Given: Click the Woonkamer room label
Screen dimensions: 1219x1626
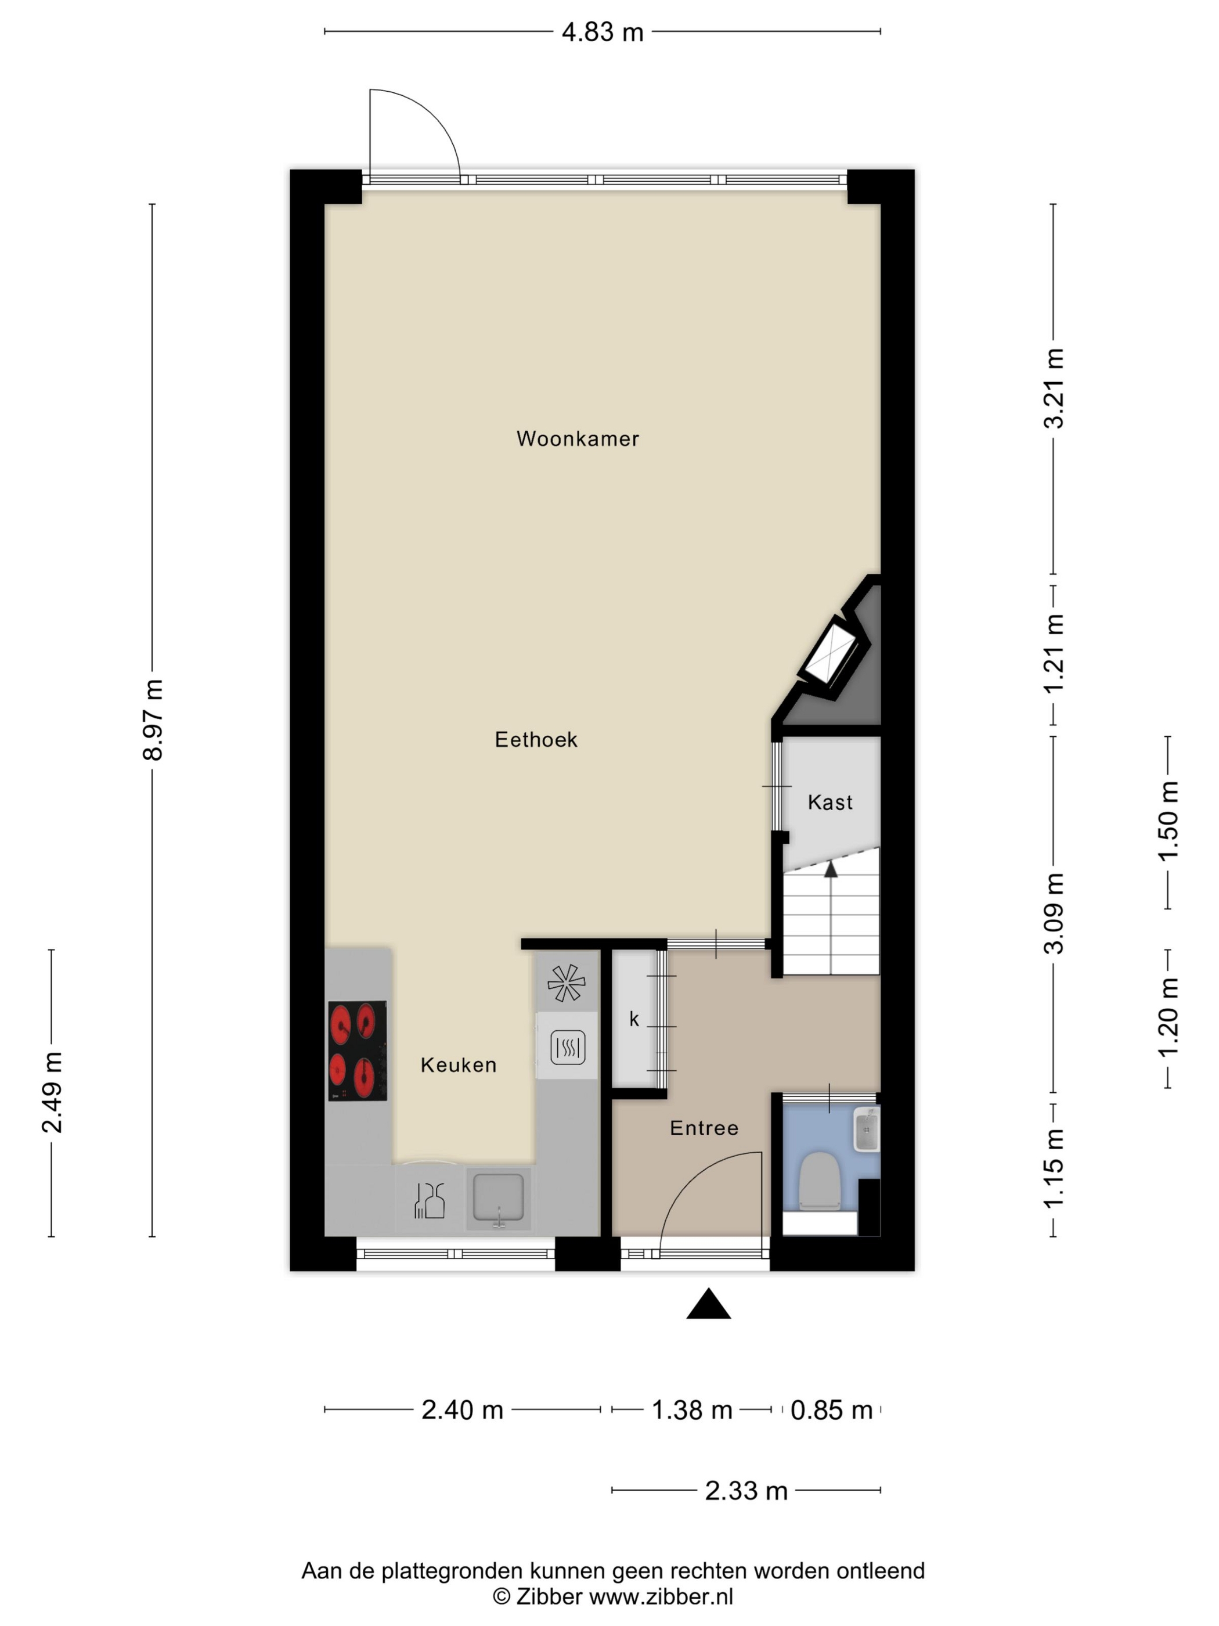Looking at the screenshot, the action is point(578,439).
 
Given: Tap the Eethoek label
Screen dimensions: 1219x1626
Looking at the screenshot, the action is point(536,739).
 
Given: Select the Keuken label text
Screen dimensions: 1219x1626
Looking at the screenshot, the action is point(459,1065).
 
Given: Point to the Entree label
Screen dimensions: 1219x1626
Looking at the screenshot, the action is point(704,1128).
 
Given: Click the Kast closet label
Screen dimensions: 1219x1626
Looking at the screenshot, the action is point(830,802).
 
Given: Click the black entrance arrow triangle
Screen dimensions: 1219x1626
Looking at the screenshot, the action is point(708,1304).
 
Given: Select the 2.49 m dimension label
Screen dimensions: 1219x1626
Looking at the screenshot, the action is point(52,1092).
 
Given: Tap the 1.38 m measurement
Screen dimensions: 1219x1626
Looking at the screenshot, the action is point(692,1410).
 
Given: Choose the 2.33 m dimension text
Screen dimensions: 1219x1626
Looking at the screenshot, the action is point(746,1491).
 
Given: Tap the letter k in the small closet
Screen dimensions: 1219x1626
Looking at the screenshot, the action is point(633,1020).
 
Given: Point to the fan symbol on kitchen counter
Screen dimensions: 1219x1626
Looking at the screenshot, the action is point(567,983).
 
